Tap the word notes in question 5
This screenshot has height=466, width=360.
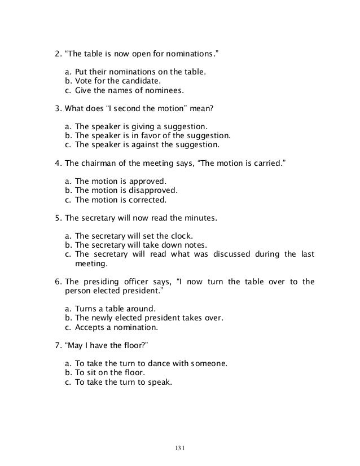pos(192,244)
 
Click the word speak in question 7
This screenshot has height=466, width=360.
pos(159,381)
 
